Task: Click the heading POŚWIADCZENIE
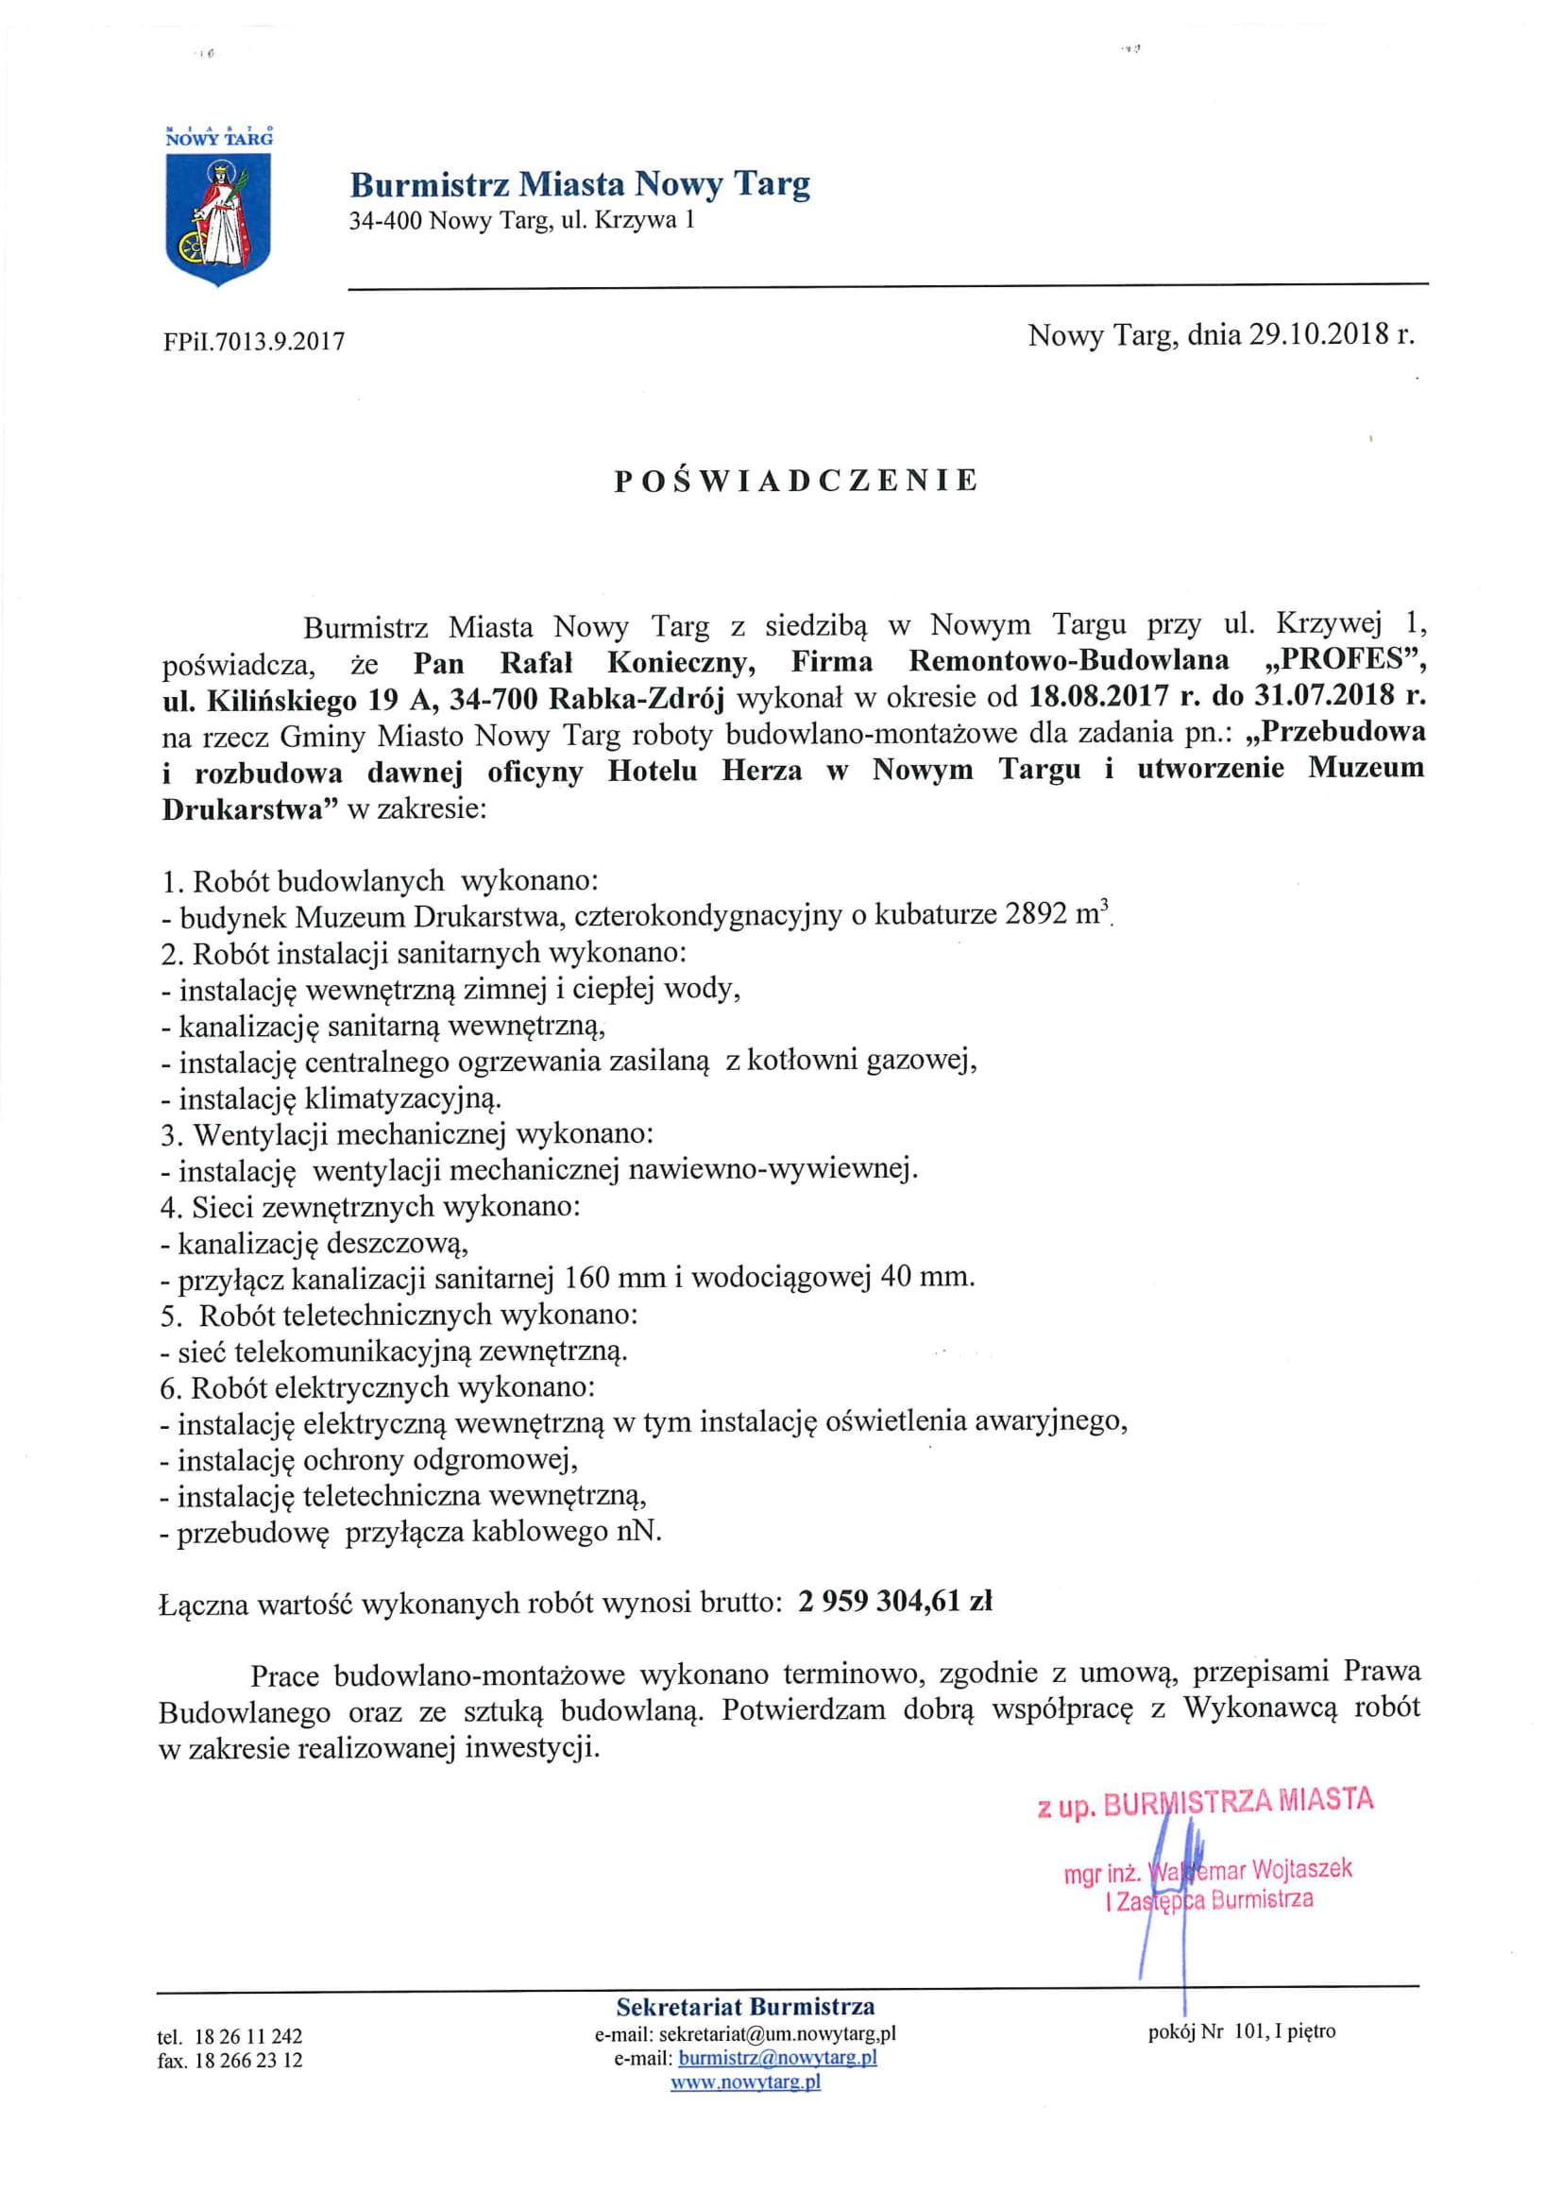(795, 481)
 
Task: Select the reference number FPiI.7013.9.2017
(254, 341)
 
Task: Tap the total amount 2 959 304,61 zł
(894, 1601)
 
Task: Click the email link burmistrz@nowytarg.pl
(777, 2058)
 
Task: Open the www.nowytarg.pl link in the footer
(745, 2082)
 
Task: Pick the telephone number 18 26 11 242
(247, 2036)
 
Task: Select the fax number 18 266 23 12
(247, 2060)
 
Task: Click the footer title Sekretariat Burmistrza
(745, 2007)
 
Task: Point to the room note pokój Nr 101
(1241, 2031)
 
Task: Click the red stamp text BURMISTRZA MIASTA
(1238, 1801)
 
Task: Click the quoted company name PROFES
(1344, 662)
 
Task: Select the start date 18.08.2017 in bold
(1098, 697)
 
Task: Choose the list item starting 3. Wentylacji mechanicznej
(407, 1134)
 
